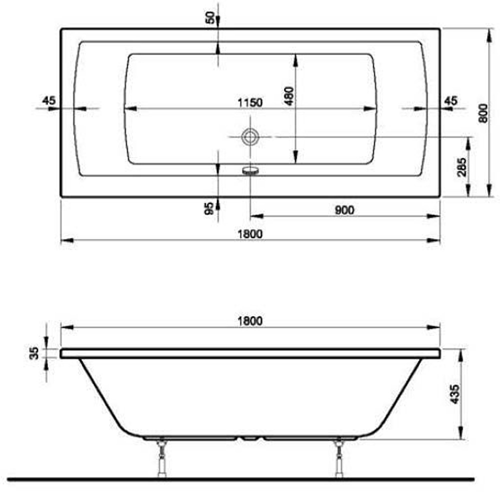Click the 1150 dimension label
click(249, 102)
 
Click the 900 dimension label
click(344, 210)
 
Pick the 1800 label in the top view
click(249, 234)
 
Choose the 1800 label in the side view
click(249, 321)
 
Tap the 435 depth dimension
click(453, 393)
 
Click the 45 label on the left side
click(48, 100)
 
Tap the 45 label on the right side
click(450, 101)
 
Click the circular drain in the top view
click(249, 136)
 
